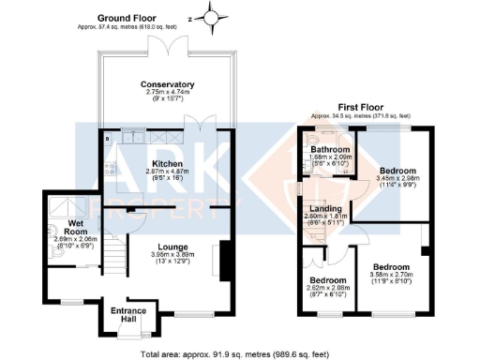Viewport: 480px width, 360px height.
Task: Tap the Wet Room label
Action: click(76, 224)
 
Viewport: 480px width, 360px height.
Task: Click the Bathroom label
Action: click(332, 150)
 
